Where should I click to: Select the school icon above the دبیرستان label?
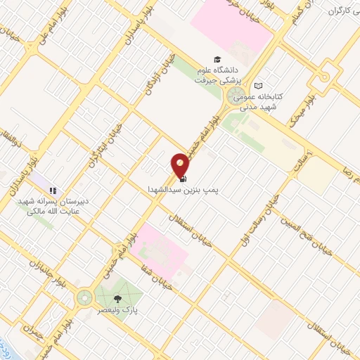53,190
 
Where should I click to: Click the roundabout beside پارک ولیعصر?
84,298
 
